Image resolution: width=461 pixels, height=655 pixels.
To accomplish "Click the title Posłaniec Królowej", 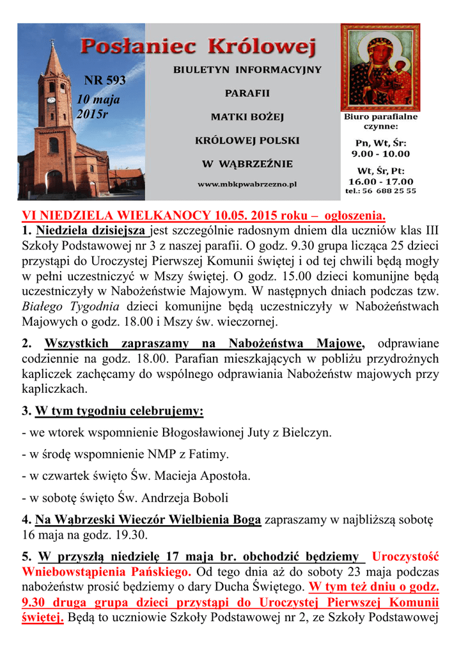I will click(198, 47).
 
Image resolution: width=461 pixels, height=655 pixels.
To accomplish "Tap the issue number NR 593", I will click(105, 81).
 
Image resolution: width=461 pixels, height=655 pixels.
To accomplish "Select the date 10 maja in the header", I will click(98, 100).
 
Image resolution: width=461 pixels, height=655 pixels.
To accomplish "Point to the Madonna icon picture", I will click(380, 67).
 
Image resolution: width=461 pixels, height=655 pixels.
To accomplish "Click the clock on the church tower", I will click(52, 100).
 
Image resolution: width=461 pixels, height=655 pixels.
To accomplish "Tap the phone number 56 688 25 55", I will click(389, 191).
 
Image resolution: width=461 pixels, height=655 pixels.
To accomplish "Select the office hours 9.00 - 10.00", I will click(380, 154).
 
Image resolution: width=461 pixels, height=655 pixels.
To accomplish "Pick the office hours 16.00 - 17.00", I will click(380, 181).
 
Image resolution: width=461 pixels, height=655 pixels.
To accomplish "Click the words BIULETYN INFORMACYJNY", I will click(247, 69).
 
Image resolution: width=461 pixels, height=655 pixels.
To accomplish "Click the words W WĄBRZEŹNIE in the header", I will click(247, 164).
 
